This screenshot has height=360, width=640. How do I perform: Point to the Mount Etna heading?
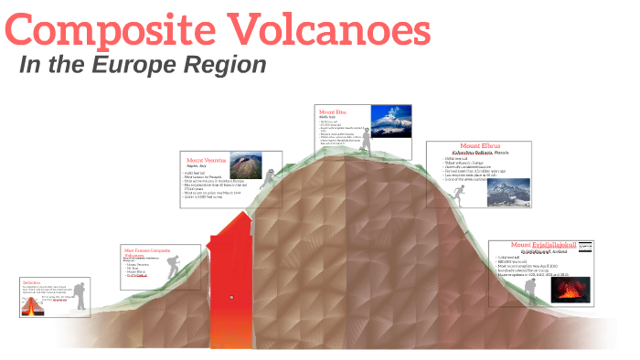(333, 111)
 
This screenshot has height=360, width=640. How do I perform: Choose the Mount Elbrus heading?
(482, 146)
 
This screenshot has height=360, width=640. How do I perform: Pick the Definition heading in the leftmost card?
(32, 282)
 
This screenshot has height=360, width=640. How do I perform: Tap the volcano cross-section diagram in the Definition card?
(33, 304)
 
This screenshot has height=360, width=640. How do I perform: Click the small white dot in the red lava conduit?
(231, 297)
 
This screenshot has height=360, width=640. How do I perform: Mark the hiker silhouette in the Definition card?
(80, 295)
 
